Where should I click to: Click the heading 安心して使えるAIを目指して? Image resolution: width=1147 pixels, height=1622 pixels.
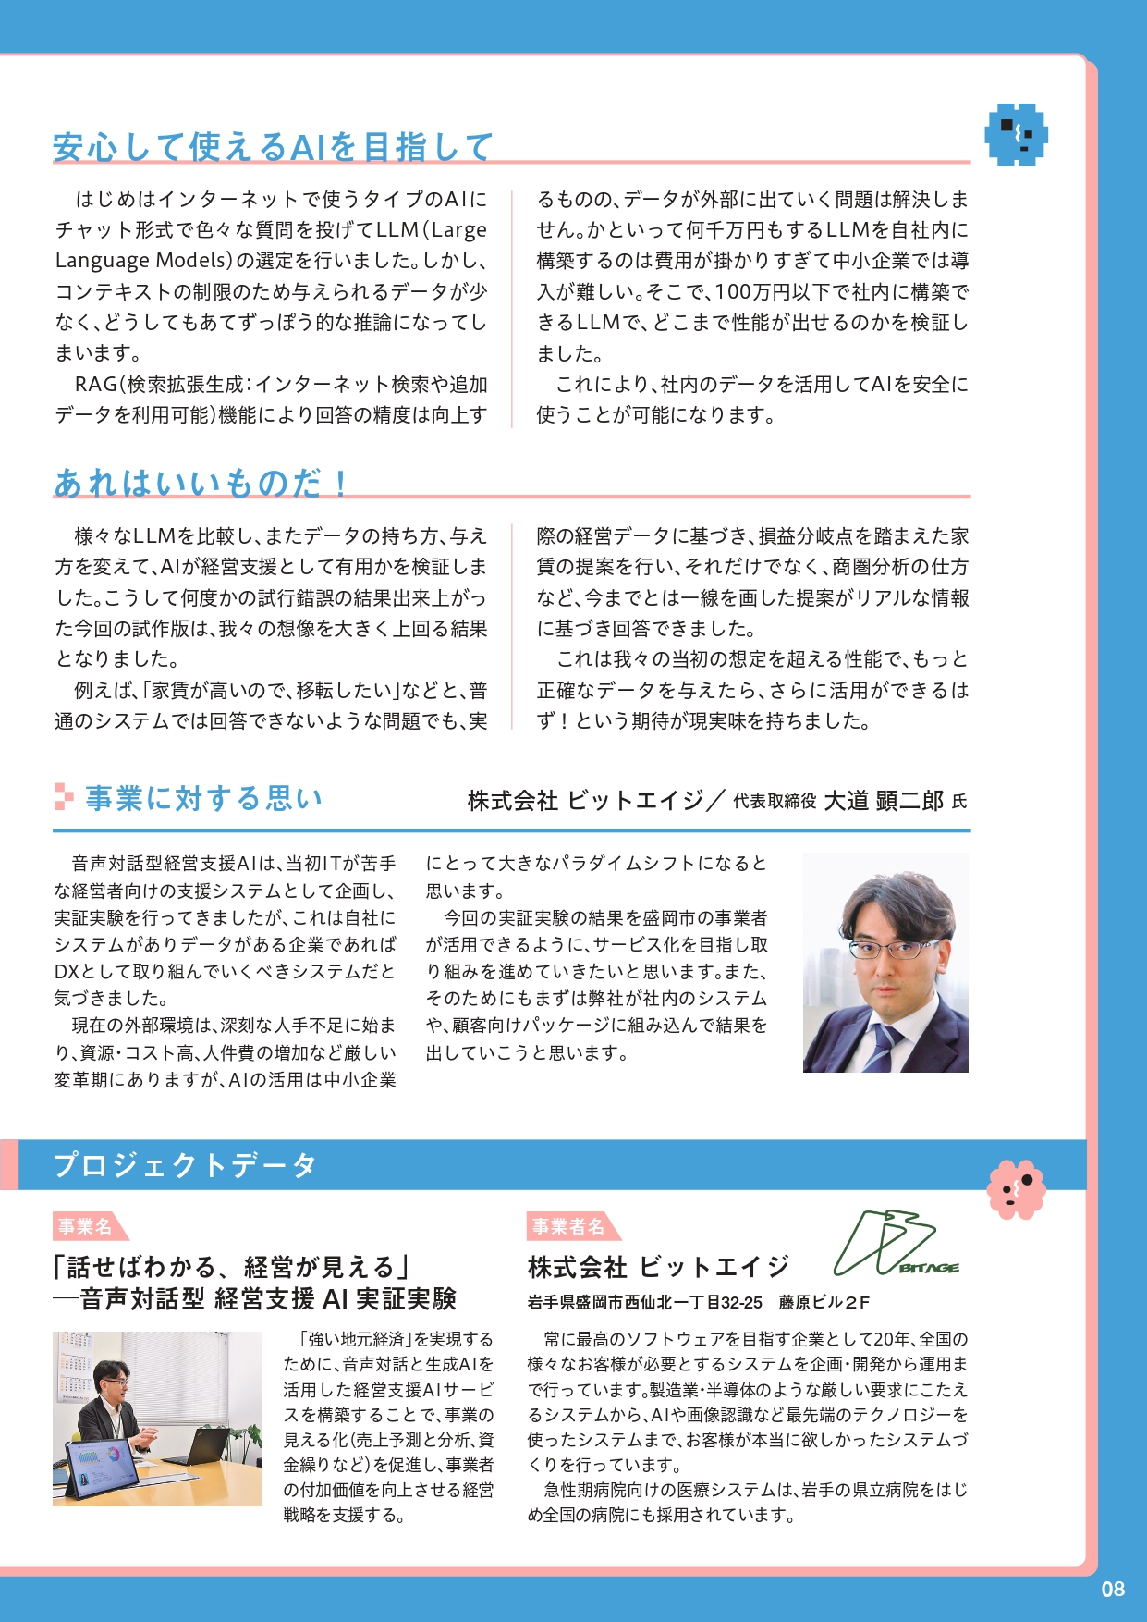pyautogui.click(x=273, y=146)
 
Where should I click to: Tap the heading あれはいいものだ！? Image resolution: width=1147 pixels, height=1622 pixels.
pyautogui.click(x=201, y=482)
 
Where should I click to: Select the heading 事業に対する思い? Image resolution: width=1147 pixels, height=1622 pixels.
pyautogui.click(x=204, y=798)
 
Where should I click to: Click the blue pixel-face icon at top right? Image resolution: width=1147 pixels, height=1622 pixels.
pyautogui.click(x=1016, y=135)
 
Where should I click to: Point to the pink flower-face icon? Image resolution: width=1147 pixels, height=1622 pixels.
pyautogui.click(x=1016, y=1188)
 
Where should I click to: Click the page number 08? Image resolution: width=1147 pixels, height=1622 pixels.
pyautogui.click(x=1113, y=1589)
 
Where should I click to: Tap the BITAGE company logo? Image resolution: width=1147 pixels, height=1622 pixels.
pyautogui.click(x=897, y=1245)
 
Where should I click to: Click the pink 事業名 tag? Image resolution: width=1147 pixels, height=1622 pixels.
pyautogui.click(x=85, y=1226)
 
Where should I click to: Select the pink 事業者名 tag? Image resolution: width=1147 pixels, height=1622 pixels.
pyautogui.click(x=567, y=1226)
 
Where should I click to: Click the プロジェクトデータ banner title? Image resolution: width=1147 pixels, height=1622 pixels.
pyautogui.click(x=185, y=1164)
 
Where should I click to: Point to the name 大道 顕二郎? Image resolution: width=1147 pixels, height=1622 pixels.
pyautogui.click(x=883, y=800)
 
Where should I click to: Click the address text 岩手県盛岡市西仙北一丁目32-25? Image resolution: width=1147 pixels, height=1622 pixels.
pyautogui.click(x=644, y=1302)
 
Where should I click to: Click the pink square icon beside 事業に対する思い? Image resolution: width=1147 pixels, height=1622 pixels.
pyautogui.click(x=64, y=797)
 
